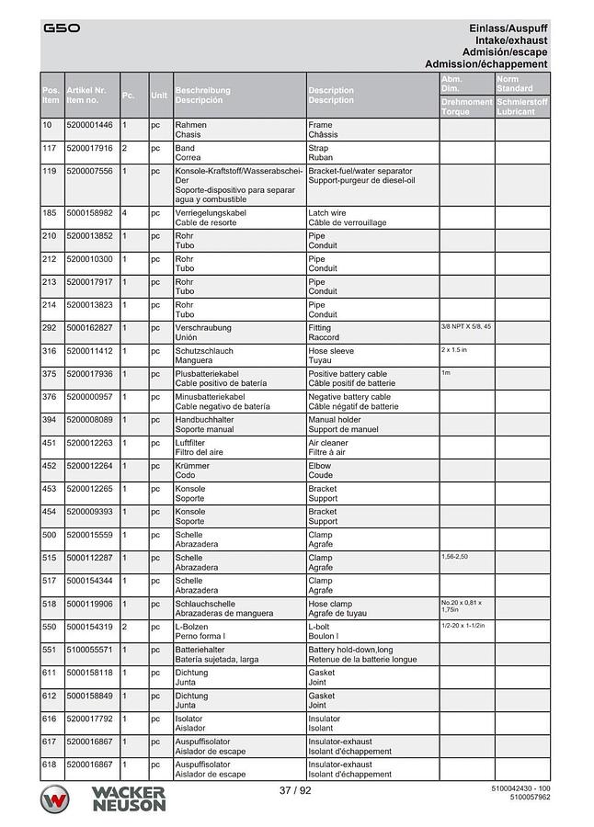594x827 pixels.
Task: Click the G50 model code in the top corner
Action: pyautogui.click(x=62, y=28)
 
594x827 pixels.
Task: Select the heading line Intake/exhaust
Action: pyautogui.click(x=511, y=40)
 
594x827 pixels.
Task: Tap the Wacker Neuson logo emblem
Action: pyautogui.click(x=57, y=799)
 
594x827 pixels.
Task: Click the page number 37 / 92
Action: pyautogui.click(x=296, y=790)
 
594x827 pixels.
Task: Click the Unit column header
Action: pyautogui.click(x=159, y=95)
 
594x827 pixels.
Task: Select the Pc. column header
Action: pyautogui.click(x=129, y=95)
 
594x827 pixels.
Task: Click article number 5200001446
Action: pyautogui.click(x=90, y=125)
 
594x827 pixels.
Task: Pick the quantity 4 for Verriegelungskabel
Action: pyautogui.click(x=125, y=213)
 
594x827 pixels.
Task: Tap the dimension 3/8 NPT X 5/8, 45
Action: pyautogui.click(x=466, y=327)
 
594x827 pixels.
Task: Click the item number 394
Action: pyautogui.click(x=50, y=420)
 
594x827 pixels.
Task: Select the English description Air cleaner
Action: pyautogui.click(x=327, y=443)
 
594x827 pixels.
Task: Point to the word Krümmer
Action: pyautogui.click(x=192, y=466)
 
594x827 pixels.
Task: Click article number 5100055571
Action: pyautogui.click(x=90, y=650)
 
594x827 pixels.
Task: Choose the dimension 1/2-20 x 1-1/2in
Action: pyautogui.click(x=463, y=626)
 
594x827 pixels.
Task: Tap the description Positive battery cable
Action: pyautogui.click(x=348, y=374)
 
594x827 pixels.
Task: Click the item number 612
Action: pyautogui.click(x=50, y=696)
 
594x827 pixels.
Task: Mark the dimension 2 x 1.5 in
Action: pyautogui.click(x=454, y=350)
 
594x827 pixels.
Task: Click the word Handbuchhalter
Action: pyautogui.click(x=204, y=420)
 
